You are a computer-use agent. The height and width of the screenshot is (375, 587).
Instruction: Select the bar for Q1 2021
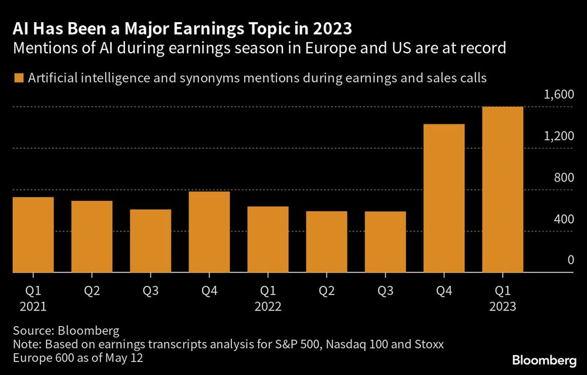[33, 235]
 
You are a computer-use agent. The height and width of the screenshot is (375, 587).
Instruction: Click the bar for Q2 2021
[92, 237]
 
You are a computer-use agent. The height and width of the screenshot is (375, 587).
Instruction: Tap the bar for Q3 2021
[150, 241]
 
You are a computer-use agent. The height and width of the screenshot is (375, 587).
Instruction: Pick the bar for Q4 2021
[209, 232]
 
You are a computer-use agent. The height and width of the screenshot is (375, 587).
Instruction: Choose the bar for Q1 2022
[268, 240]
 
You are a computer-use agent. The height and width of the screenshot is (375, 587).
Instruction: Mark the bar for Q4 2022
[444, 199]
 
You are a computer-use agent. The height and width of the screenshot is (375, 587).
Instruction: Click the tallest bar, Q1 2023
[502, 190]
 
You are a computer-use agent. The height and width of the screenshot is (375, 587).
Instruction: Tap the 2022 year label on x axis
[268, 306]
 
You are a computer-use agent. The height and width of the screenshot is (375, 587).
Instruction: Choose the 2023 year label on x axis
[502, 306]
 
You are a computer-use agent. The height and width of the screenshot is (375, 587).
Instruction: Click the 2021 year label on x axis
[33, 306]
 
